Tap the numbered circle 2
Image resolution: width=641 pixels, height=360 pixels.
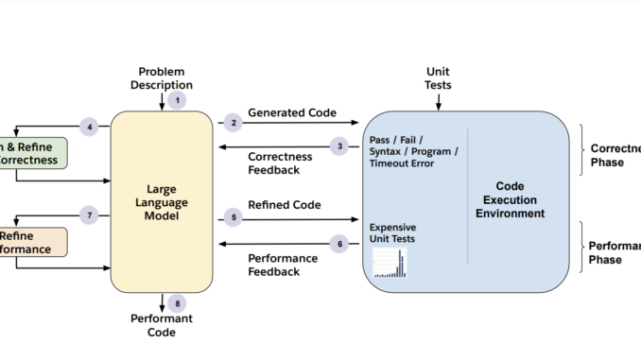pyautogui.click(x=233, y=123)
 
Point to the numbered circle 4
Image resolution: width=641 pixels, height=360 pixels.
pyautogui.click(x=90, y=126)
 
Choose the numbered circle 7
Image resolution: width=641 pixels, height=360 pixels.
pyautogui.click(x=90, y=215)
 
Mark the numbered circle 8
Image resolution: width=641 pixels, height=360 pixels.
pyautogui.click(x=177, y=303)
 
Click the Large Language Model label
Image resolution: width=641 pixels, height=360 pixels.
pyautogui.click(x=161, y=202)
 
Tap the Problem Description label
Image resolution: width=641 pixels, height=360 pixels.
pyautogui.click(x=162, y=78)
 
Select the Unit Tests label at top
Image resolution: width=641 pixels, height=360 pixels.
pyautogui.click(x=439, y=78)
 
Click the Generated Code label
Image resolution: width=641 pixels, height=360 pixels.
pyautogui.click(x=292, y=112)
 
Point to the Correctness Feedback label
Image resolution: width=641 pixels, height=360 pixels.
pyautogui.click(x=286, y=163)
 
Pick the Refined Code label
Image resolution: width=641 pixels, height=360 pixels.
pyautogui.click(x=284, y=205)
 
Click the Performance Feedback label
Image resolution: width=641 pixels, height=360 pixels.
pyautogui.click(x=286, y=265)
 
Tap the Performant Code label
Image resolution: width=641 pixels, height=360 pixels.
pyautogui.click(x=162, y=326)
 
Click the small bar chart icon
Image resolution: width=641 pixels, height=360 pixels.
pyautogui.click(x=390, y=263)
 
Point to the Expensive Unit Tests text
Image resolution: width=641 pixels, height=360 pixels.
pyautogui.click(x=392, y=233)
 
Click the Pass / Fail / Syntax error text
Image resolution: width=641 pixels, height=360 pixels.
pyautogui.click(x=414, y=150)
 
